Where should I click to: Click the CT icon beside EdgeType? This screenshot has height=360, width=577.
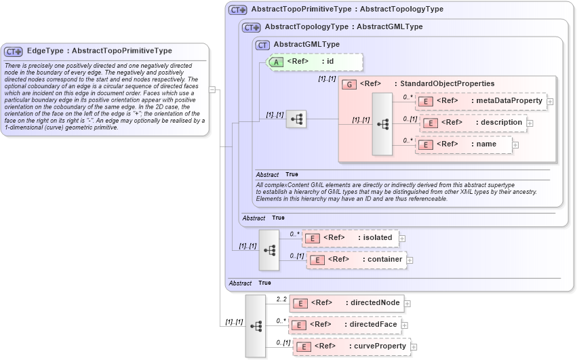[x=14, y=52]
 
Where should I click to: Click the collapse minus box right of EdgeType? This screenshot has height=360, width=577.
[x=212, y=89]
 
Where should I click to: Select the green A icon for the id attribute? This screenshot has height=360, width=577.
[x=277, y=62]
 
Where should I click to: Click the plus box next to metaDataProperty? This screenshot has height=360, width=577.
[x=550, y=102]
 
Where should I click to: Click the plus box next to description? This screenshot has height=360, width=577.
[x=530, y=123]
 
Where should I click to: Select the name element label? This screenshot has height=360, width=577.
[x=486, y=144]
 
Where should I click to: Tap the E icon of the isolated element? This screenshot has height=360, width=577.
[x=312, y=238]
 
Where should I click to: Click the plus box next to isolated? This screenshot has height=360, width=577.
[x=402, y=239]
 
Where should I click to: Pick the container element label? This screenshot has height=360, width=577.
[x=385, y=260]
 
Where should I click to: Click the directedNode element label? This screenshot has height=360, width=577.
[x=375, y=303]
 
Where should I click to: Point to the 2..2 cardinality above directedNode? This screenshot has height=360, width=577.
[x=281, y=298]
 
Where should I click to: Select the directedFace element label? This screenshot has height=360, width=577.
[x=373, y=325]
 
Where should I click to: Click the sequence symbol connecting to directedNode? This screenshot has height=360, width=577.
[x=256, y=326]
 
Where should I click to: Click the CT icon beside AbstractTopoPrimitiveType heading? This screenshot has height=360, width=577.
[x=238, y=10]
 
